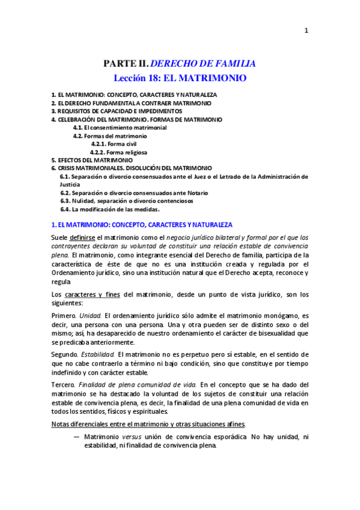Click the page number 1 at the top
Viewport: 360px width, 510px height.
tap(306, 32)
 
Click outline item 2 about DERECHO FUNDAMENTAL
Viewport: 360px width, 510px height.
tap(131, 103)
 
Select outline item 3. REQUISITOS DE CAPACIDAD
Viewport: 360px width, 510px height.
tap(117, 111)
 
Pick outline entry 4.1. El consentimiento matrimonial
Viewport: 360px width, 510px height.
tap(120, 127)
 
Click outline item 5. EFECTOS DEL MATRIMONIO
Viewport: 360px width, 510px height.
tap(91, 161)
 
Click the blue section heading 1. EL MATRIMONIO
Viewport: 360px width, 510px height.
tap(138, 224)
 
